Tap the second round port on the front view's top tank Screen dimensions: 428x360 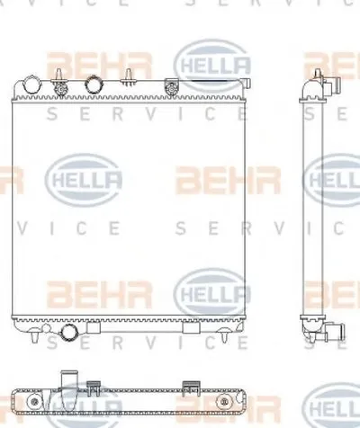click(94, 86)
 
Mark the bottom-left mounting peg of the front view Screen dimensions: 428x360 click(33, 341)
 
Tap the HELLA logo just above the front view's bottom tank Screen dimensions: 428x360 click(209, 293)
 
